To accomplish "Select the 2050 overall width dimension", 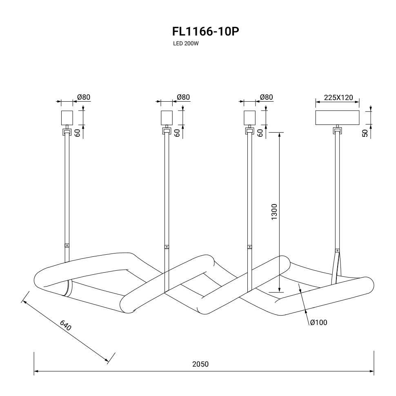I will [200, 364].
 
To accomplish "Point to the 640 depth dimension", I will [66, 325].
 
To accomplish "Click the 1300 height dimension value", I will [274, 212].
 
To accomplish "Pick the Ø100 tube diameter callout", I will [318, 323].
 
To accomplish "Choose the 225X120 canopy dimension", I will [338, 98].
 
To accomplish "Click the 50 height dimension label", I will [365, 132].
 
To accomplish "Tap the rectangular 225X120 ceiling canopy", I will [338, 117].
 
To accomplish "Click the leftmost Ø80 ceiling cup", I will [67, 118].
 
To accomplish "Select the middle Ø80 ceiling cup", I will [166, 118].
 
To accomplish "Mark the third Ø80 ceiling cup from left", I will [249, 118].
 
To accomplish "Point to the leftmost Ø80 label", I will [84, 97].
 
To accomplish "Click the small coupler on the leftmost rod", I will [67, 246].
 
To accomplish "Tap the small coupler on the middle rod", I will [166, 247].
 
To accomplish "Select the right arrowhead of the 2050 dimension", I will [372, 372].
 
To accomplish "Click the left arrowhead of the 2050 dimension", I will [36, 372].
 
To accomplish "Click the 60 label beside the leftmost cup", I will [77, 132].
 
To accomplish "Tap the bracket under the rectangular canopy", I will [337, 131].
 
